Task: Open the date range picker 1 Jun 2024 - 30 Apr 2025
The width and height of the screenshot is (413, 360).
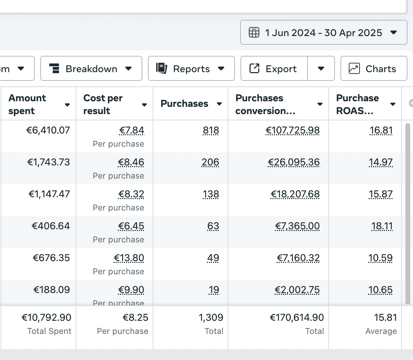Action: [x=323, y=33]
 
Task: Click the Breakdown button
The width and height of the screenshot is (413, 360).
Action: [x=91, y=69]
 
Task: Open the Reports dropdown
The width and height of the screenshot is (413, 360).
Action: [x=191, y=69]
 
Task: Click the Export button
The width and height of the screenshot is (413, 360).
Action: [x=274, y=69]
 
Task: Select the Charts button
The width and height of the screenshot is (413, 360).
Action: [x=373, y=69]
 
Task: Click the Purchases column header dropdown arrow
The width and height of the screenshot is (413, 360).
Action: [x=219, y=104]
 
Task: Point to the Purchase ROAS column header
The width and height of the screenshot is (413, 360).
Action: [x=357, y=104]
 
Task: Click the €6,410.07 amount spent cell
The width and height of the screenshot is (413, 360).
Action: [x=48, y=130]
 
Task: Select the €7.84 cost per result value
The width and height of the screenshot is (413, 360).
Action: [x=132, y=130]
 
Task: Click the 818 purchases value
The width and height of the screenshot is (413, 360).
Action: [x=211, y=130]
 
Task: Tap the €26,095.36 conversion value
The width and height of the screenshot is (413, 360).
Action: [x=294, y=162]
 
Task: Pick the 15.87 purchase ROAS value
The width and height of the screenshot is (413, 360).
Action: [x=380, y=194]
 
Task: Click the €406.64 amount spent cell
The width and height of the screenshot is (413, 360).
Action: [x=51, y=226]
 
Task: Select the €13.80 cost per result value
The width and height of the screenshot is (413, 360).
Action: [x=129, y=258]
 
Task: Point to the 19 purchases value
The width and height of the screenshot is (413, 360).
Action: [x=214, y=290]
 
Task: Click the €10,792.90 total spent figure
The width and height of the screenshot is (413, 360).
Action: [x=47, y=318]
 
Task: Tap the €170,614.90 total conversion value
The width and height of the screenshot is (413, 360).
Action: [x=297, y=318]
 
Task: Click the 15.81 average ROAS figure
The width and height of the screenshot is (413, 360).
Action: [x=385, y=318]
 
